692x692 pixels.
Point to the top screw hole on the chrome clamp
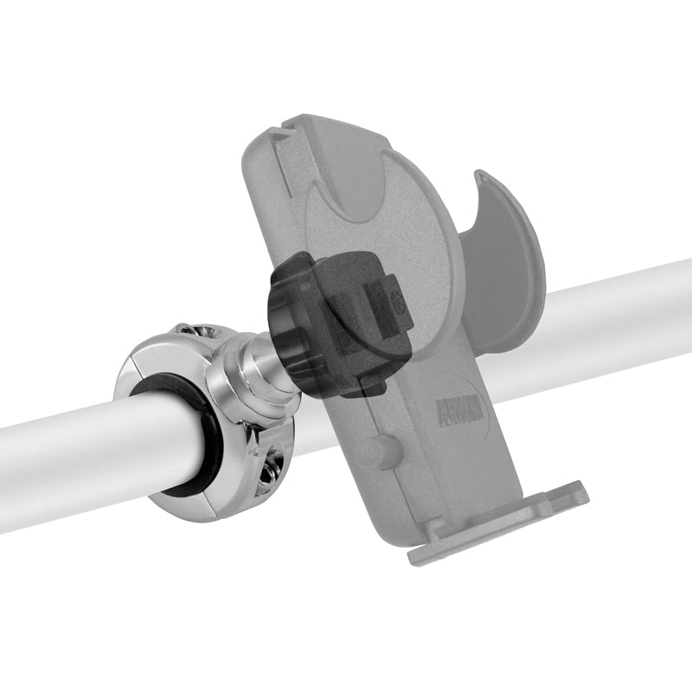192,332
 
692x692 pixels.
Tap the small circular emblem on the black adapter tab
396,304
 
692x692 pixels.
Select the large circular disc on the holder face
381,225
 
